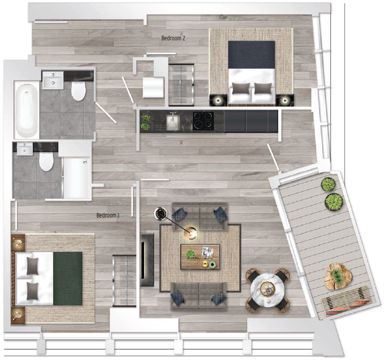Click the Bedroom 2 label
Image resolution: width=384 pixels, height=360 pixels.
point(173,38)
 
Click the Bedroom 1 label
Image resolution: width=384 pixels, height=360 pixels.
point(108,215)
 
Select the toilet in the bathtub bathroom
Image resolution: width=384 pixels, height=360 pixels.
point(78,92)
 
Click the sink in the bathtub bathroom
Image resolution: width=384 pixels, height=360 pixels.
point(53,81)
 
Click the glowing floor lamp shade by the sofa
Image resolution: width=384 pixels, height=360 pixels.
point(192,233)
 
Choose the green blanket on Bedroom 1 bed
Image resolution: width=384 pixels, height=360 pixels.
point(68,277)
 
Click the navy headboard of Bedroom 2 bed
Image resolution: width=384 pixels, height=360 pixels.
point(251,55)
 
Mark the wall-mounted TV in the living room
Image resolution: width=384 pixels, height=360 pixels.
point(147,259)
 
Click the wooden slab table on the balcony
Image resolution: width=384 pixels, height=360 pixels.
point(338,275)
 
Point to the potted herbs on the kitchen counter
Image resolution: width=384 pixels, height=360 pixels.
point(146,121)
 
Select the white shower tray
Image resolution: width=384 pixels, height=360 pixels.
point(76,178)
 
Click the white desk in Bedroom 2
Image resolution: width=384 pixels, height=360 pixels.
point(153,87)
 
